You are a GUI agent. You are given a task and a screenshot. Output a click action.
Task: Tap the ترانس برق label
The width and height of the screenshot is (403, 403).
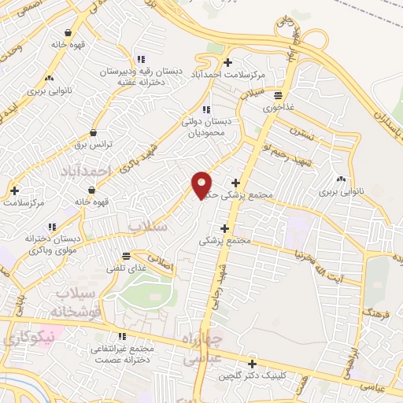tap(94, 146)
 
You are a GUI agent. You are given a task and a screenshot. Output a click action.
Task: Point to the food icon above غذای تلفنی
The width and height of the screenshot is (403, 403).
tap(126, 255)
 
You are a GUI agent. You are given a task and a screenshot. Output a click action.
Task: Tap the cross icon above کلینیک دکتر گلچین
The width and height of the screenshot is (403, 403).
tap(252, 364)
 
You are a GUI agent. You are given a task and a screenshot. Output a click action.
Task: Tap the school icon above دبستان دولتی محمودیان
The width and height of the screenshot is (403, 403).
tap(205, 109)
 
